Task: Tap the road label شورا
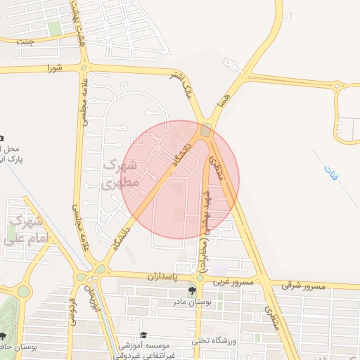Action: tap(55, 68)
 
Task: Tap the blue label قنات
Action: tap(330, 173)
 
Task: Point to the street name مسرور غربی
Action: tap(231, 283)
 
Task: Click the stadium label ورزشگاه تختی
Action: tap(215, 341)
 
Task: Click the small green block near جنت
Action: tap(54, 29)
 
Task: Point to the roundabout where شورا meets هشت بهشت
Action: tap(84, 67)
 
